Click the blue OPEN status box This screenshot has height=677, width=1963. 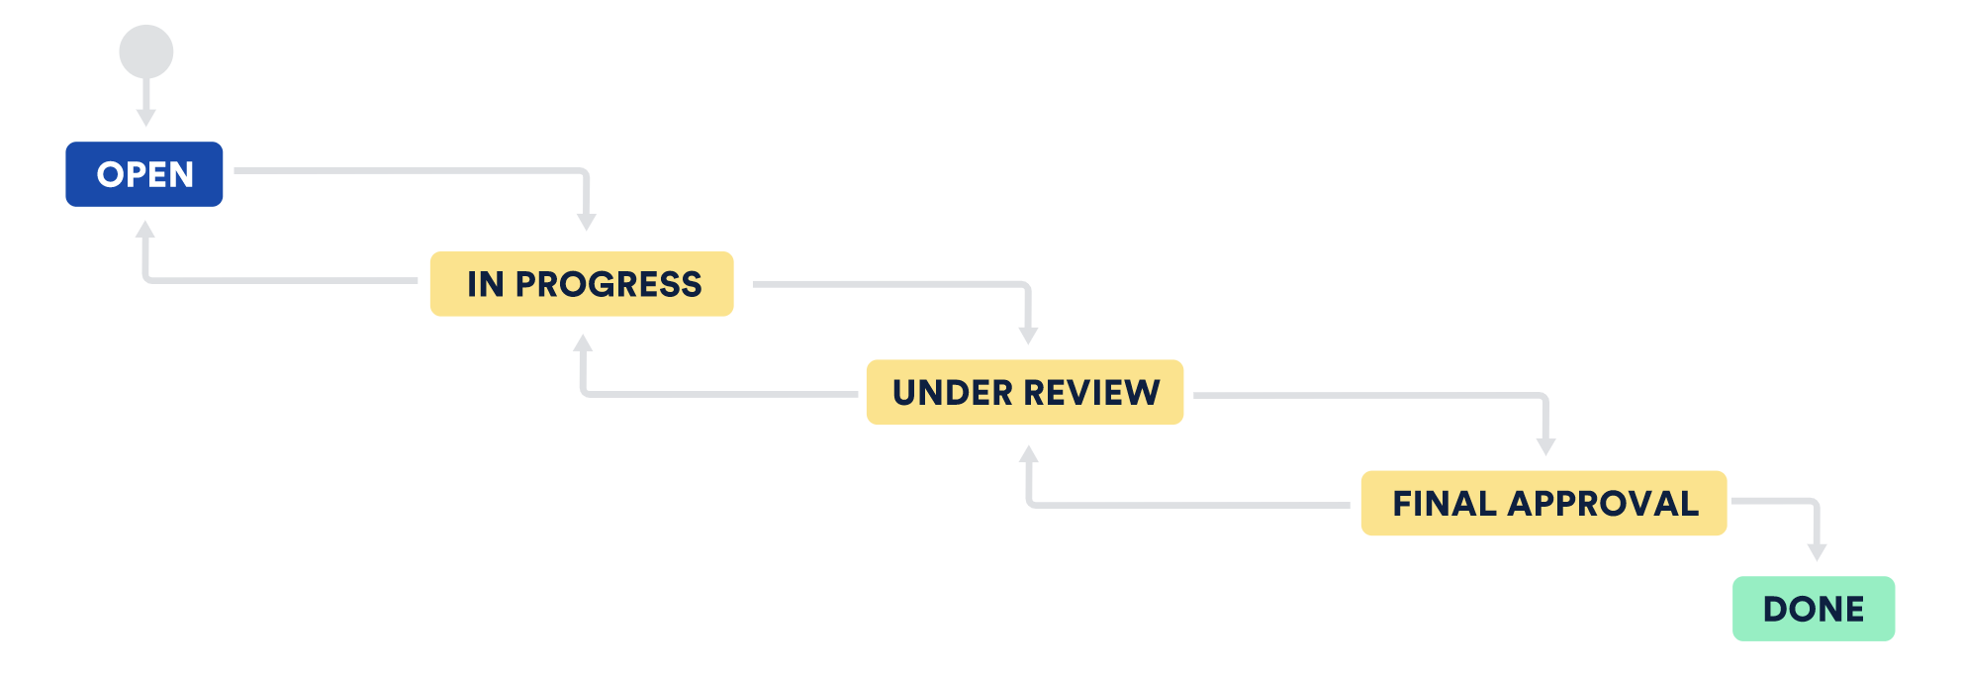coord(144,174)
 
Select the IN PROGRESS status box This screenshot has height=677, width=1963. coord(582,284)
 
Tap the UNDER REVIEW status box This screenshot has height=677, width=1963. coord(1025,392)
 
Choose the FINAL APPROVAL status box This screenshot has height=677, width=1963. coord(1543,503)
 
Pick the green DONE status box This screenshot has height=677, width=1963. coord(1814,609)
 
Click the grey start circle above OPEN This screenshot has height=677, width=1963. coord(146,51)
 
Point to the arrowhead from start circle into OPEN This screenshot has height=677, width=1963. coord(146,118)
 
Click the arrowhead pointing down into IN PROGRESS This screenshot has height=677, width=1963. coord(587,222)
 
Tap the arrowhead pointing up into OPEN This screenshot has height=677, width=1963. coord(145,230)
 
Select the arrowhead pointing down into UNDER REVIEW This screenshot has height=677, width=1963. coord(1029,336)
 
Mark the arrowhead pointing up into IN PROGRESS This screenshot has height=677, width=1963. coord(584,343)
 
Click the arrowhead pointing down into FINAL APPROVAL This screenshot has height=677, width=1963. coord(1546,446)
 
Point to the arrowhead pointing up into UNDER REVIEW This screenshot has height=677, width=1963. coord(1029,454)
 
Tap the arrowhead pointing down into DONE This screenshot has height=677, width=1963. coord(1817,551)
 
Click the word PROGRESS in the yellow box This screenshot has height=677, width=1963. coord(608,284)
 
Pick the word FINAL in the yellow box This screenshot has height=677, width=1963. coord(1444,503)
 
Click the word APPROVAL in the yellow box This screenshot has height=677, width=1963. coord(1603,503)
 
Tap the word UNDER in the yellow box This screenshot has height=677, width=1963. coord(953,392)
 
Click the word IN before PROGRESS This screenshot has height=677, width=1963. coord(486,284)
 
